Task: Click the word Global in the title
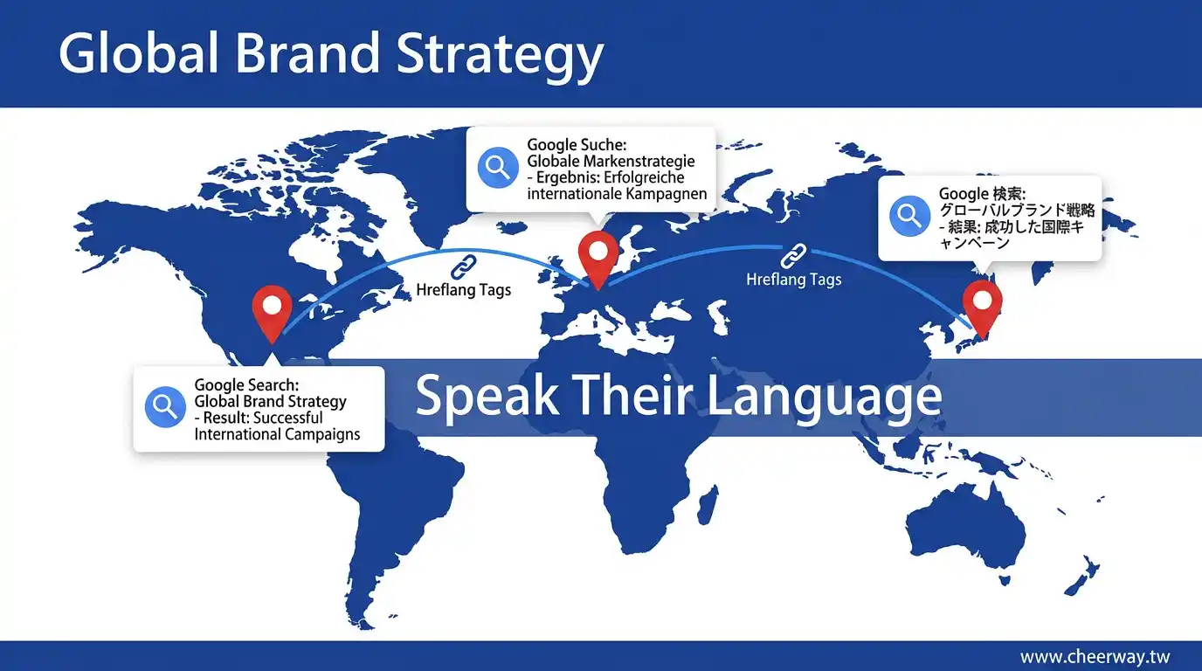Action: (x=138, y=53)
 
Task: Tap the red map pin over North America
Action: (x=272, y=314)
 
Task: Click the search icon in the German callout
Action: (x=498, y=168)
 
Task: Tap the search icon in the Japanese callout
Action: (x=909, y=216)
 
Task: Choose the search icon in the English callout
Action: (x=165, y=407)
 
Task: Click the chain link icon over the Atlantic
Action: (x=464, y=266)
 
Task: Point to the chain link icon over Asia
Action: (x=793, y=255)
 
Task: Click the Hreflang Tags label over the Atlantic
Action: (x=464, y=290)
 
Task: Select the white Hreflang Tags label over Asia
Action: (x=794, y=280)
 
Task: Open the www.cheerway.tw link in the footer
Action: (x=1095, y=657)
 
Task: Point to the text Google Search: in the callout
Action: (x=246, y=385)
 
